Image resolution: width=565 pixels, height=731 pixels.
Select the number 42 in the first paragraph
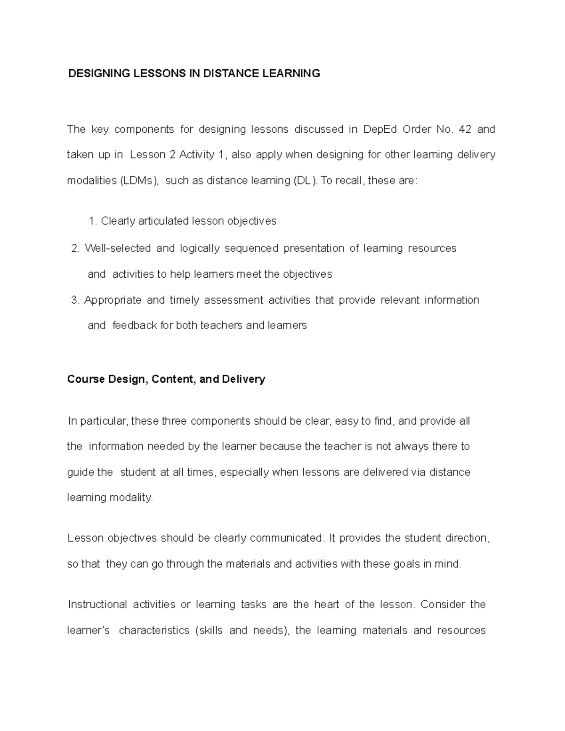click(x=464, y=129)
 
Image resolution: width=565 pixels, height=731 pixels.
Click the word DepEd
click(x=380, y=129)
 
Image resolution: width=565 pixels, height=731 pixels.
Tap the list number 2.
click(x=75, y=249)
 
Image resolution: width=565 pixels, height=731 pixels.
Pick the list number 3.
click(x=75, y=300)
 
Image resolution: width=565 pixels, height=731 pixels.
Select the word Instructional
click(x=97, y=604)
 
